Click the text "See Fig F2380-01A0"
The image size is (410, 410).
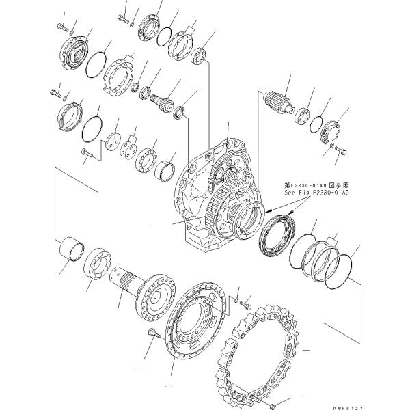(316, 193)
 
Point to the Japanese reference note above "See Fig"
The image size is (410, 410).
(316, 184)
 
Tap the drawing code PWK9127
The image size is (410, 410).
(387, 405)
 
